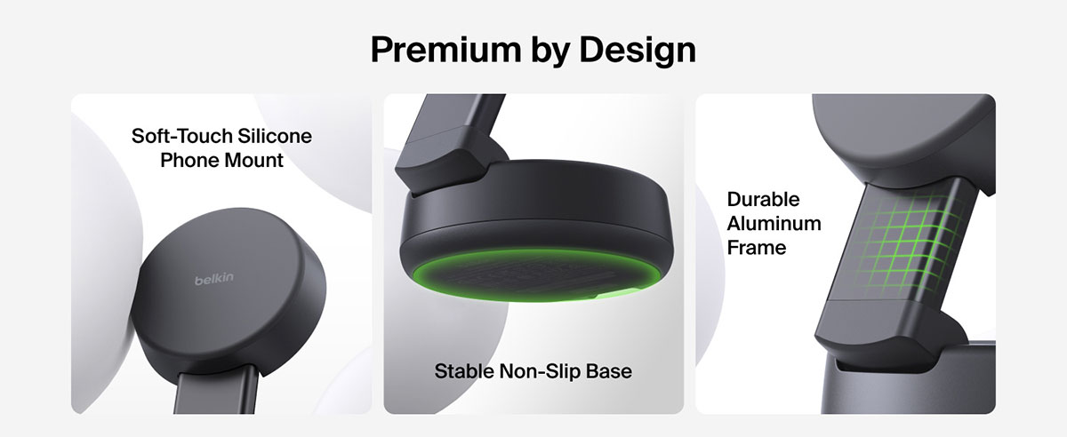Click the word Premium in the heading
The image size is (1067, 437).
pyautogui.click(x=445, y=50)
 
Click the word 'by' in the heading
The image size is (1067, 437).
pyautogui.click(x=550, y=52)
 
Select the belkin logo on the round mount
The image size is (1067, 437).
pyautogui.click(x=214, y=279)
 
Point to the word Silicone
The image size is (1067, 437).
pyautogui.click(x=275, y=136)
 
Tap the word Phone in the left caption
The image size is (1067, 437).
pyautogui.click(x=189, y=161)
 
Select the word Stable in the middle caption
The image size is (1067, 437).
pyautogui.click(x=464, y=371)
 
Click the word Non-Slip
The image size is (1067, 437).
pyautogui.click(x=540, y=372)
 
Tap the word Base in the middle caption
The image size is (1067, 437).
pyautogui.click(x=609, y=371)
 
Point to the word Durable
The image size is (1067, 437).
pyautogui.click(x=763, y=200)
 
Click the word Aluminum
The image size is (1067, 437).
pyautogui.click(x=774, y=224)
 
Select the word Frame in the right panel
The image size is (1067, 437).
pyautogui.click(x=757, y=248)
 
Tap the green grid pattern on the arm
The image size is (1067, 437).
pyautogui.click(x=908, y=242)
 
